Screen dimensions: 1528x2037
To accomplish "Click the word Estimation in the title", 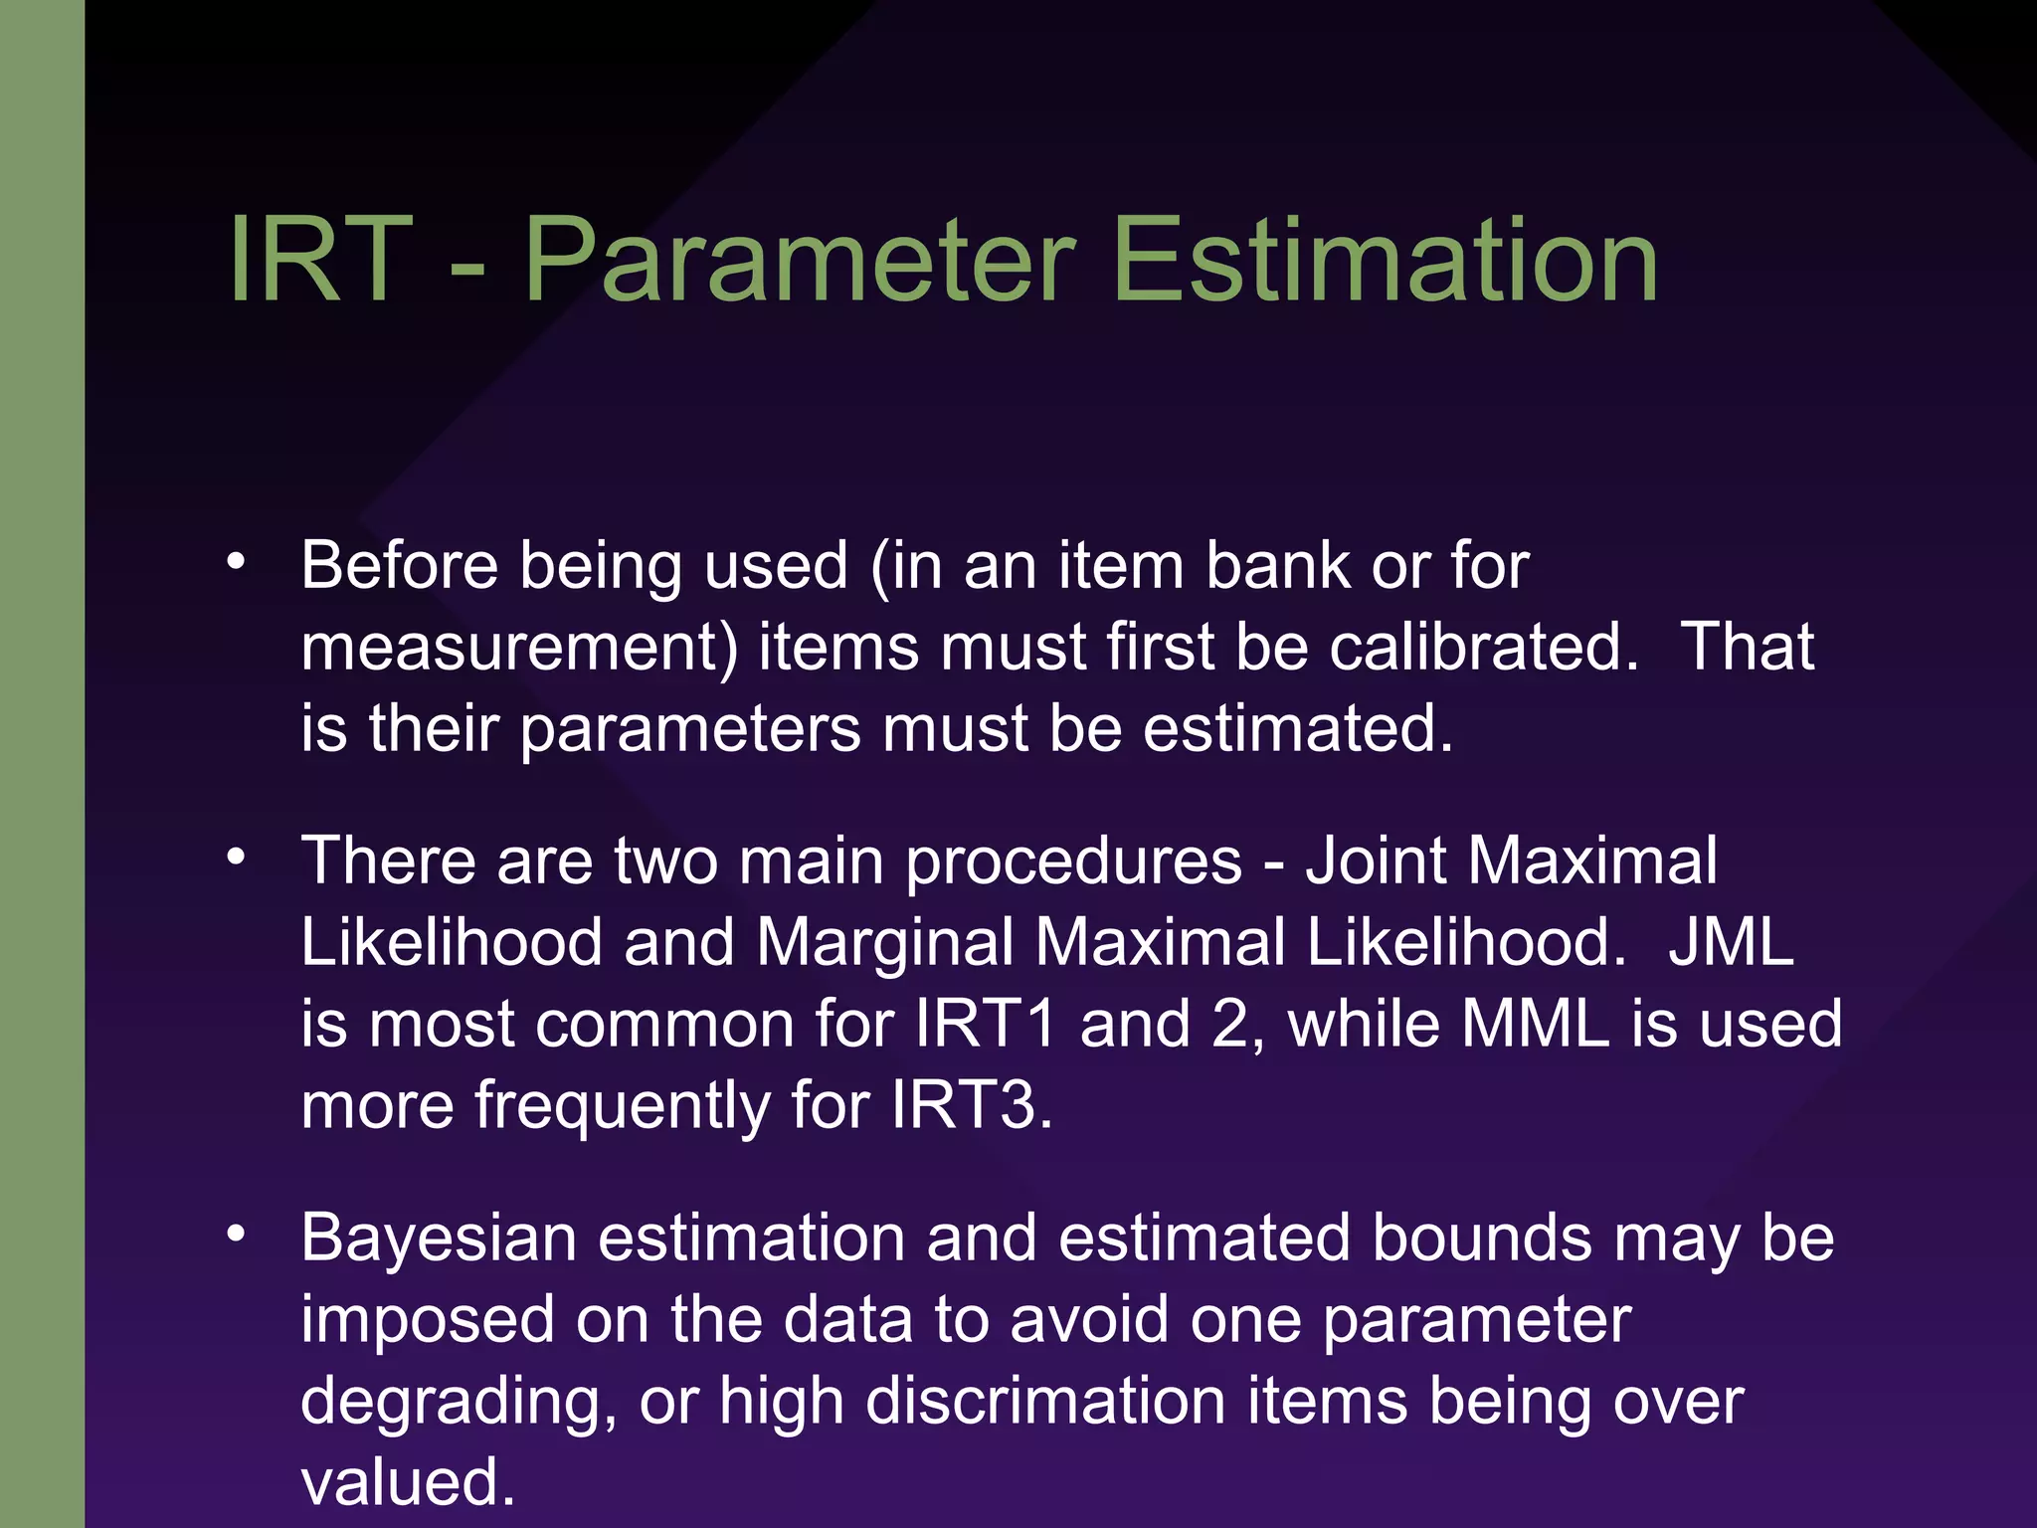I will click(x=1386, y=261).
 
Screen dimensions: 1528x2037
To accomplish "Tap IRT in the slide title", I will click(x=319, y=261).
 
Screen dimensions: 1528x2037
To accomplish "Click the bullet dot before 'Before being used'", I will click(x=236, y=562).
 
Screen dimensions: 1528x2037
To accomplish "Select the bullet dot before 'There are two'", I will click(x=236, y=857).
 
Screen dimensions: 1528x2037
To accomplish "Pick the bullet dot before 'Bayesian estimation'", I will click(x=236, y=1235).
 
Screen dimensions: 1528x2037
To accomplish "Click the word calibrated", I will click(x=1483, y=647).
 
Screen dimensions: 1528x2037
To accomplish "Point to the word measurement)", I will click(x=519, y=647).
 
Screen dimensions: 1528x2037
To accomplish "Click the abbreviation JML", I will click(x=1732, y=941).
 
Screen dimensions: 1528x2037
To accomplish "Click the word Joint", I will click(x=1376, y=860).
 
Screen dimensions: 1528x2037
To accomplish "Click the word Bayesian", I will click(x=439, y=1239).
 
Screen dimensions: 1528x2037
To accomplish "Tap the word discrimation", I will click(x=1045, y=1401).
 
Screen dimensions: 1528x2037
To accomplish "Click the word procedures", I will click(x=1073, y=860).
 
